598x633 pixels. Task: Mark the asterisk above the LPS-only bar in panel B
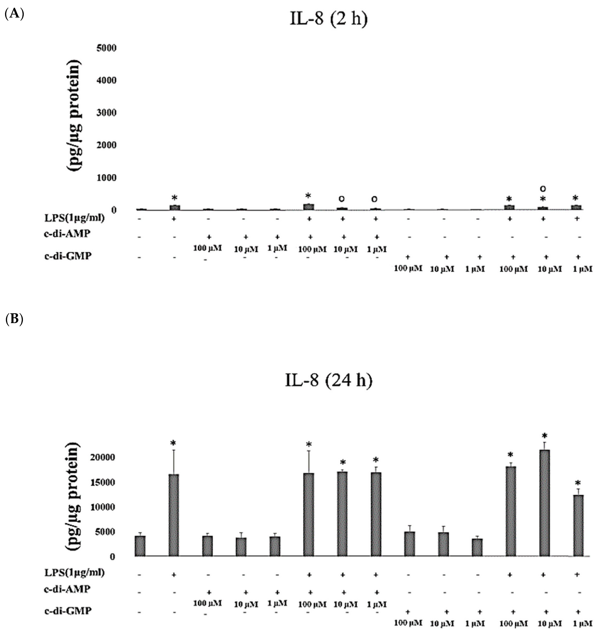(x=173, y=443)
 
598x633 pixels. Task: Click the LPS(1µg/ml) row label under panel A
(x=74, y=218)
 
